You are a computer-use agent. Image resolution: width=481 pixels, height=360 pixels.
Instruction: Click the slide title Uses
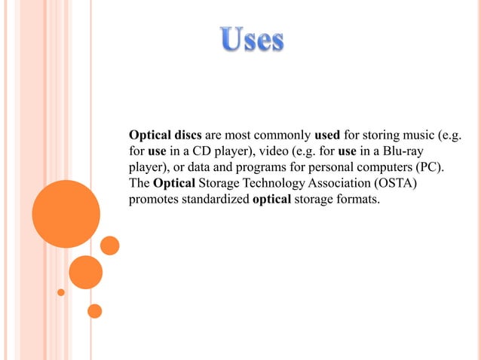[252, 39]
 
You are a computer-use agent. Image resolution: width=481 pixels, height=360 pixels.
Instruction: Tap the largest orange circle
[66, 214]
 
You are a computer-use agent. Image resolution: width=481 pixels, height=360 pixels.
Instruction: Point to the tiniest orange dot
[61, 291]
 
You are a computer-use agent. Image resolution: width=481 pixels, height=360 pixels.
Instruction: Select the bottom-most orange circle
[94, 310]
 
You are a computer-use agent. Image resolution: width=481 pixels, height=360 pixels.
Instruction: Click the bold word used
[326, 136]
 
